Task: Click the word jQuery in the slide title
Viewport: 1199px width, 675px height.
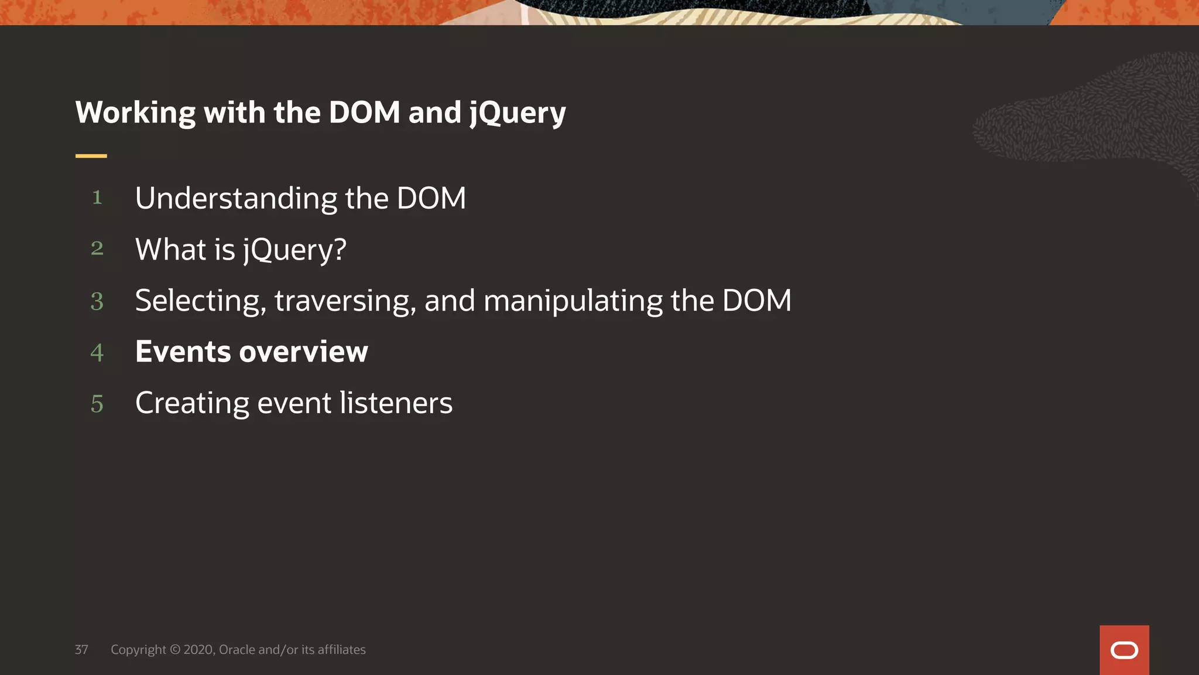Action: coord(518,112)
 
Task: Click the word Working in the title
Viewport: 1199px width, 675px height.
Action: coord(135,112)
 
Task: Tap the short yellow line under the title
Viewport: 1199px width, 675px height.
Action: coord(91,156)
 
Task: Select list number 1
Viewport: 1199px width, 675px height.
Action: coord(97,197)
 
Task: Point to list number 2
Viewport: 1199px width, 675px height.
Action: coord(97,248)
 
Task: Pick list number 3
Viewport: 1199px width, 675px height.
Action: coord(97,301)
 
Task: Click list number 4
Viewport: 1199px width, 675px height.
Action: coord(97,352)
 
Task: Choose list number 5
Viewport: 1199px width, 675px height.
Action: coord(97,404)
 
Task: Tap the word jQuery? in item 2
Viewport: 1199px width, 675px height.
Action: coord(294,250)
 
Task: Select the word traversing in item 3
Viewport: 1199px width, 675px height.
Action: coord(345,301)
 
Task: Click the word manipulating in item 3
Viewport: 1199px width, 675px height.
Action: coord(573,301)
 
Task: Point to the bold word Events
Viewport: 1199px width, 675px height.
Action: coord(183,352)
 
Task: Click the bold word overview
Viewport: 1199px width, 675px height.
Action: coord(303,352)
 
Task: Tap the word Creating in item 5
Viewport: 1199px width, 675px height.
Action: coord(192,404)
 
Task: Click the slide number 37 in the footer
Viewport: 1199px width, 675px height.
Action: coord(81,650)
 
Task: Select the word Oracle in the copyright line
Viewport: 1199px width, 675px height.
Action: coord(237,650)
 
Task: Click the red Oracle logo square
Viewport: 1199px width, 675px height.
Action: coord(1124,650)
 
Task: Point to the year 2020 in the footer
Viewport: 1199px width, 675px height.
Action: coord(199,650)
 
